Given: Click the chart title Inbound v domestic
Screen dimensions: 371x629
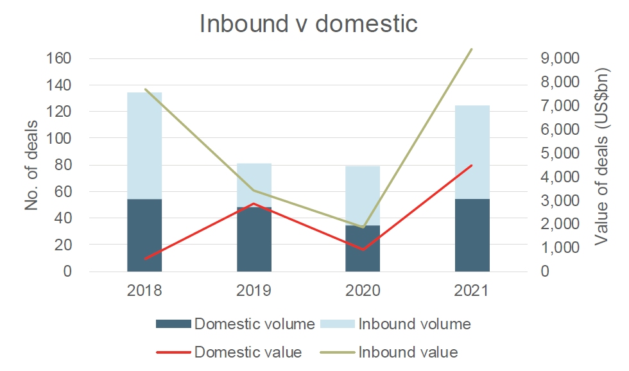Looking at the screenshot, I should coord(309,24).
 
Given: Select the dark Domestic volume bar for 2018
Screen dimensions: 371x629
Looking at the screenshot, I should coord(144,235).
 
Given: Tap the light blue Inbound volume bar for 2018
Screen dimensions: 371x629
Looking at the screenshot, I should coord(144,146).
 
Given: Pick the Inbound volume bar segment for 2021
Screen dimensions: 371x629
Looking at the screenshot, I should coord(472,152).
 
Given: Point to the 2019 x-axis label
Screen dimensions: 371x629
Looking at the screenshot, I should coord(254,290).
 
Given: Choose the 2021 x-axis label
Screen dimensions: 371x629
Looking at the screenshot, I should coord(472,290).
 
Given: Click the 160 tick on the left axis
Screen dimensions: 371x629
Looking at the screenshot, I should coord(58,58).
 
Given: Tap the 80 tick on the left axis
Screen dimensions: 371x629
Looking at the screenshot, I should coord(62,165).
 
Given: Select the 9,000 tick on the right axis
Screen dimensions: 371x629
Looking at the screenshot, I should coord(560,58).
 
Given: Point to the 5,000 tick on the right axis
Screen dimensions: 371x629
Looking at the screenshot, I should coord(560,153).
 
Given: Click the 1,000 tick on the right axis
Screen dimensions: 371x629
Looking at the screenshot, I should coord(560,248).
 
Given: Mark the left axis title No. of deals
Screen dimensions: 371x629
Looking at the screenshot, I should coord(32,164).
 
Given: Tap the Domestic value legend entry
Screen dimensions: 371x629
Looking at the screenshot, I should coord(230,352).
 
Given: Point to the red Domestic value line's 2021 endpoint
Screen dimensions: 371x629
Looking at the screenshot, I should coord(472,165).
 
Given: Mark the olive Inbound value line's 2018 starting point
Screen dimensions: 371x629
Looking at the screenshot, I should coord(144,89).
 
